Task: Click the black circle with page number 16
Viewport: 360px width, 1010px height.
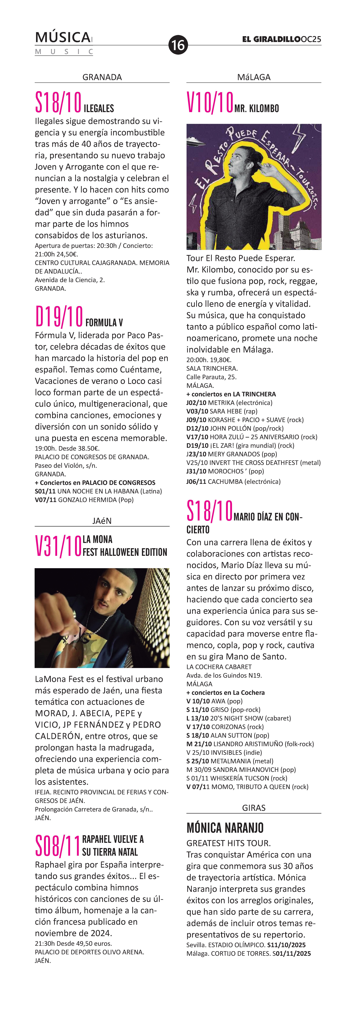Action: [178, 45]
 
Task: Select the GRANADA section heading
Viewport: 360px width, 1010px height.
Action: [102, 77]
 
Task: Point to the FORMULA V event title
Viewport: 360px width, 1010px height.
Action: [104, 323]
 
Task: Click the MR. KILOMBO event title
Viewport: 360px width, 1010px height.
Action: [256, 109]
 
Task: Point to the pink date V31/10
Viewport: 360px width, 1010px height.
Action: [58, 546]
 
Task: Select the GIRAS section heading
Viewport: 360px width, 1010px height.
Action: [254, 808]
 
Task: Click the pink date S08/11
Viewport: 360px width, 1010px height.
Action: [57, 846]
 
